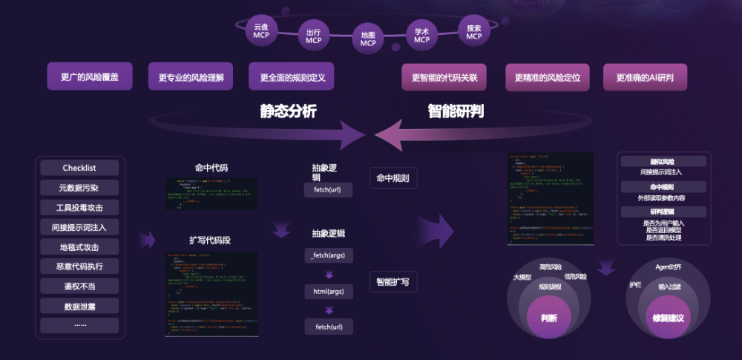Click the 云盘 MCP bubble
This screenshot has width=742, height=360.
261,30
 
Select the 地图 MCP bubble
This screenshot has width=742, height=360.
368,39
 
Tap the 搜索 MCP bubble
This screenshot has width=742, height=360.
474,32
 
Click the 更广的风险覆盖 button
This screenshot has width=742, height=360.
94,76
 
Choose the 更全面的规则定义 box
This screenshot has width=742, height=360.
292,76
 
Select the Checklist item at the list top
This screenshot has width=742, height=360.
79,168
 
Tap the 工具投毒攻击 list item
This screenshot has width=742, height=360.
79,207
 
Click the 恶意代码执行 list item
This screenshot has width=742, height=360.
79,266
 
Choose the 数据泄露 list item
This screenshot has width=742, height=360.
79,305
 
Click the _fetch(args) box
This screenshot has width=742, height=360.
329,255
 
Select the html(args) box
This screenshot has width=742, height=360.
329,290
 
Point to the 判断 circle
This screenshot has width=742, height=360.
549,318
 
